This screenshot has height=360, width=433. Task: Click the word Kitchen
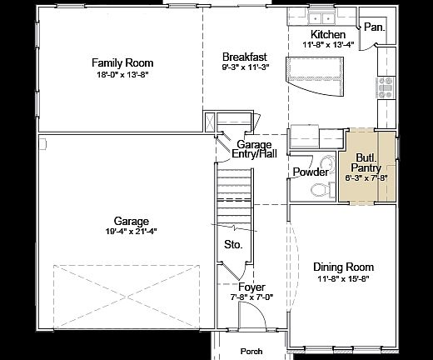pyautogui.click(x=327, y=34)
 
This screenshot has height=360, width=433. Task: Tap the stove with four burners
pyautogui.click(x=386, y=87)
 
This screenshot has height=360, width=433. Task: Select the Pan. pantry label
pyautogui.click(x=374, y=27)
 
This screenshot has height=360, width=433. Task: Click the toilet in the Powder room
pyautogui.click(x=321, y=190)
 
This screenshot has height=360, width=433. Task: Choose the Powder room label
pyautogui.click(x=311, y=172)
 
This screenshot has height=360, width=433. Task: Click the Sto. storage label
pyautogui.click(x=234, y=245)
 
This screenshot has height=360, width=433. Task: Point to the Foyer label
pyautogui.click(x=251, y=287)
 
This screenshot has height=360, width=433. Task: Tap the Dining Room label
pyautogui.click(x=343, y=267)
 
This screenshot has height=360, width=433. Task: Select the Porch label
pyautogui.click(x=251, y=351)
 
